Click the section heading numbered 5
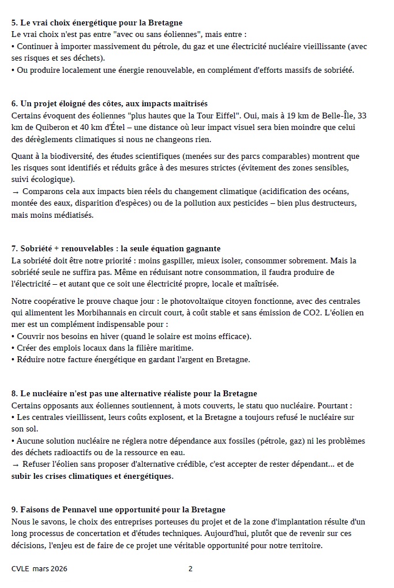tap(97, 23)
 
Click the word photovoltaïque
tap(194, 301)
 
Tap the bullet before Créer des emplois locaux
tap(13, 348)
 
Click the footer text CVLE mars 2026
tap(39, 569)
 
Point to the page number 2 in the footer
tap(190, 569)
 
